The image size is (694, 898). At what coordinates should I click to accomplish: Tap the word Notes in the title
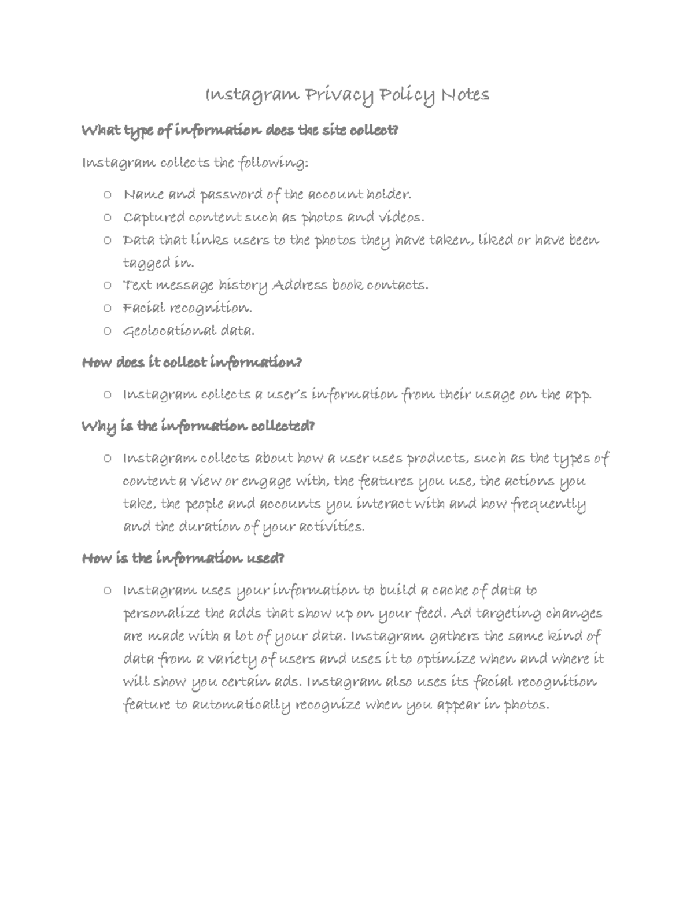tap(465, 94)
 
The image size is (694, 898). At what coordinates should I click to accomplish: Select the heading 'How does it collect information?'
tap(192, 363)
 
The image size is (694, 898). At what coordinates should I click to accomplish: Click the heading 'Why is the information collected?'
tap(199, 427)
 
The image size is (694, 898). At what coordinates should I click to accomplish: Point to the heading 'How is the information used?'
tap(183, 559)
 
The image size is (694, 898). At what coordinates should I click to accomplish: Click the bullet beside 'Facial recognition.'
tap(106, 308)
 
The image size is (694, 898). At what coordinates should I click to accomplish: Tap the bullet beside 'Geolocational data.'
tap(106, 331)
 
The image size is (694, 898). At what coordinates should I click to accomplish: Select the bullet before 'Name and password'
tap(106, 195)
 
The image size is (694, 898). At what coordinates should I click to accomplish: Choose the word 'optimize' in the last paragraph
tap(443, 659)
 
